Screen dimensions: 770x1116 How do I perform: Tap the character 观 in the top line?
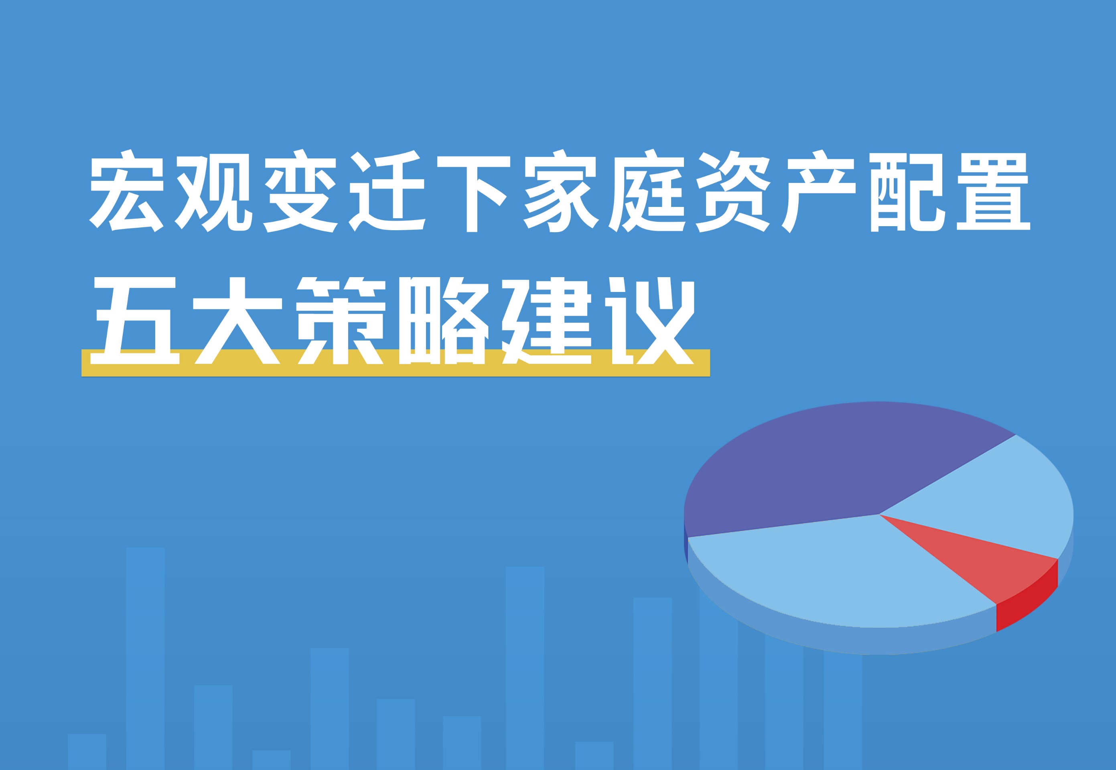tap(213, 192)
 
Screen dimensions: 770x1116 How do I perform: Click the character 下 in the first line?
tap(473, 192)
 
